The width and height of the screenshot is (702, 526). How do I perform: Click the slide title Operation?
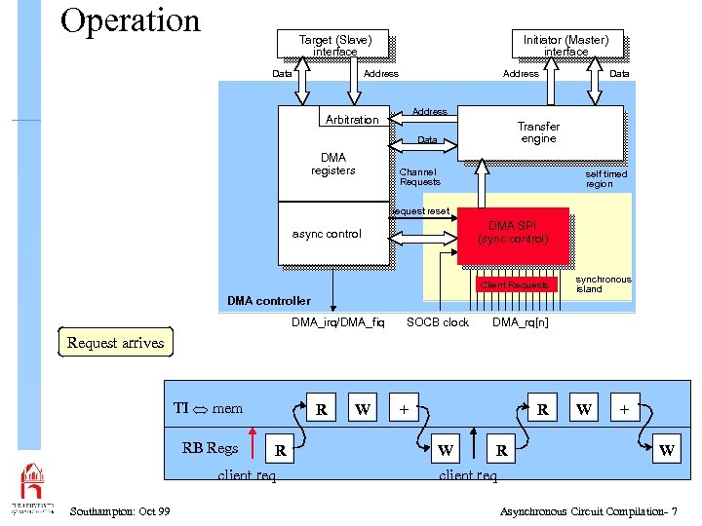tap(130, 20)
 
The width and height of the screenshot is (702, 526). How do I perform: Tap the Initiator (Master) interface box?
tap(565, 45)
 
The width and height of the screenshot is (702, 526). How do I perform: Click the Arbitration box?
tap(352, 120)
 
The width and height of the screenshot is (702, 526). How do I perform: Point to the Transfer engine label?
tap(538, 132)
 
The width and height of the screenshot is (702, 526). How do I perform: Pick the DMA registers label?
tap(332, 164)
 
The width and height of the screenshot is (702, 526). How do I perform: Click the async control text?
tap(327, 234)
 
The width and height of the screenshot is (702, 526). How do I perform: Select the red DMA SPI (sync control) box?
tap(512, 234)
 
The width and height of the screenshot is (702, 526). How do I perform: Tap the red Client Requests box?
tap(514, 285)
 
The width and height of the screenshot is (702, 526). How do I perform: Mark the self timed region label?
tap(605, 178)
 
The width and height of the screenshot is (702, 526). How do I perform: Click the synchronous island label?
tap(603, 284)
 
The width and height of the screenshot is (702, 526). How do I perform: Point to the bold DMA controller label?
tap(269, 301)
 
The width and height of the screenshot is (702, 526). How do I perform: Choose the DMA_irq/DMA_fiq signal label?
tap(337, 322)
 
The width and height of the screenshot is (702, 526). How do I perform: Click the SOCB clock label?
tap(438, 322)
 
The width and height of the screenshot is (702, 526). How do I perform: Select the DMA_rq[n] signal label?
tap(520, 322)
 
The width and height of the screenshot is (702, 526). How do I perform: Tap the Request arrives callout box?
tap(115, 343)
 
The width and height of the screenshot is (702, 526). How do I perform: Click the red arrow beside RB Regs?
tap(253, 441)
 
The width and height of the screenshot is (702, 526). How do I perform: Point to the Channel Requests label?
tap(420, 177)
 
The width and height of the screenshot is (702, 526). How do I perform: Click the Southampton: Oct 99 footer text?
tap(121, 511)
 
